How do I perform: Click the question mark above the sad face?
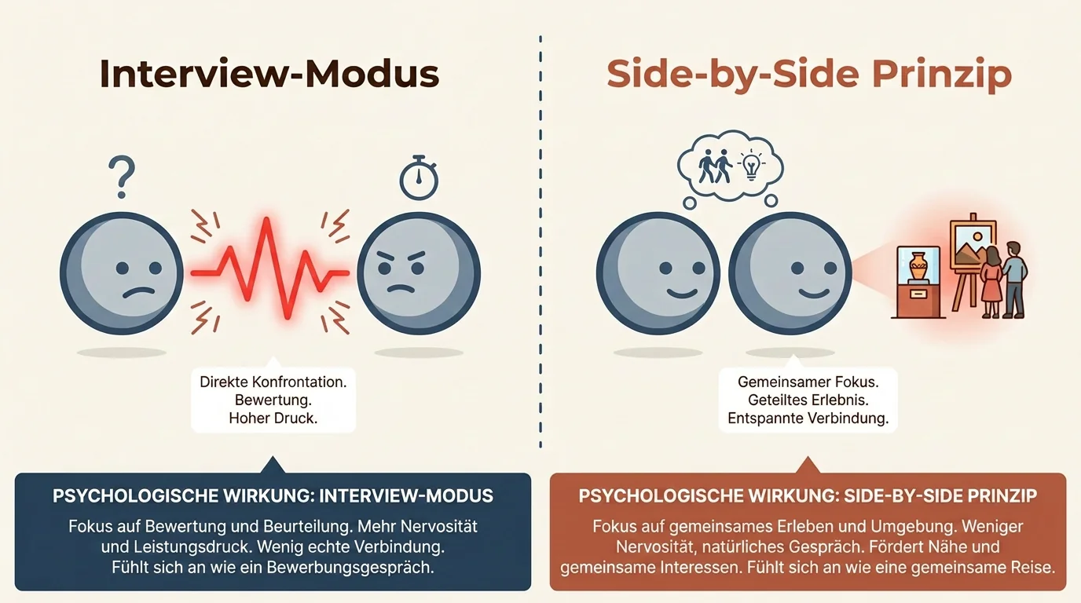(122, 177)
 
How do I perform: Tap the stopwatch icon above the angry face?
(419, 177)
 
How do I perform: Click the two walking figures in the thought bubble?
(715, 166)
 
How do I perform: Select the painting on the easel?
(972, 244)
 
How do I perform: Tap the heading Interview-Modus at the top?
(269, 74)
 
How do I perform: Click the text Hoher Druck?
(273, 418)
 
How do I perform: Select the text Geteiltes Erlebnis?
(808, 400)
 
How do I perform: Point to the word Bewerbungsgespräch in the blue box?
(350, 568)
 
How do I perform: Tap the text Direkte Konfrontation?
(273, 382)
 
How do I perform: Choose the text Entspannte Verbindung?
(808, 418)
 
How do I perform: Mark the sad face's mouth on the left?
(138, 293)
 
